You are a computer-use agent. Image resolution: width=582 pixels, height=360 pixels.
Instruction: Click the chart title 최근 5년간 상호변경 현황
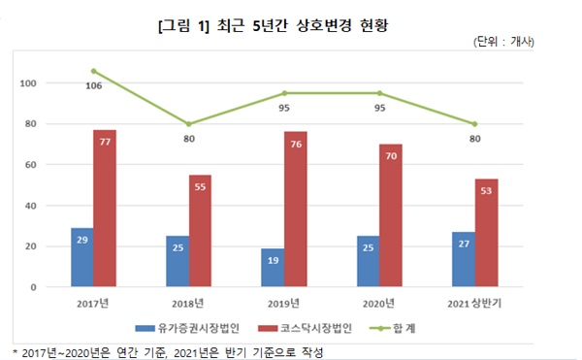tap(290, 19)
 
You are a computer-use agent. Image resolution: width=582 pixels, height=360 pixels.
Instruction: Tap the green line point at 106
tap(93, 71)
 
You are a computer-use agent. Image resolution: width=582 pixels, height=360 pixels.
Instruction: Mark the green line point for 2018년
tap(189, 124)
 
